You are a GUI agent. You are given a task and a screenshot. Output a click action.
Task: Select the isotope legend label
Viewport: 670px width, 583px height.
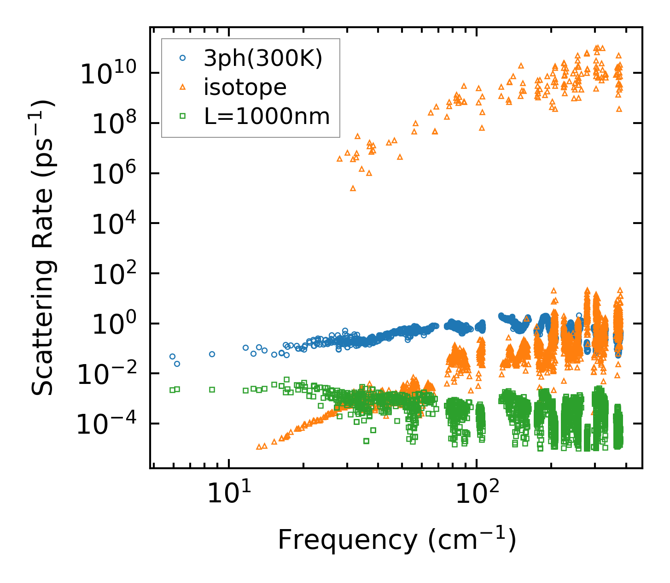click(245, 87)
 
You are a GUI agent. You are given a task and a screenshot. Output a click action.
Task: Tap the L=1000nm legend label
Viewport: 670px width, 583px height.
click(267, 117)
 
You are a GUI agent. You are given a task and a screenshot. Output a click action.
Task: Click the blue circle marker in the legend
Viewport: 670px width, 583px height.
click(183, 58)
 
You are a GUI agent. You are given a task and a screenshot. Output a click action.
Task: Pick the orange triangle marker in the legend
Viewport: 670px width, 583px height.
click(183, 87)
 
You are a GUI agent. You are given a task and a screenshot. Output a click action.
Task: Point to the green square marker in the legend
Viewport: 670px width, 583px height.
click(183, 116)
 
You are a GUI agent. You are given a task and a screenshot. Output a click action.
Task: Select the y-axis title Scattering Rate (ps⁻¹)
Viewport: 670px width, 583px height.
click(43, 247)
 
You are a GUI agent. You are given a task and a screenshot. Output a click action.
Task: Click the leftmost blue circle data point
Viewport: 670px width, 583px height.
click(172, 356)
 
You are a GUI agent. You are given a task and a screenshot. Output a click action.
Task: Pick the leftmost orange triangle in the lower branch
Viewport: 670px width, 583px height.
click(259, 447)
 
